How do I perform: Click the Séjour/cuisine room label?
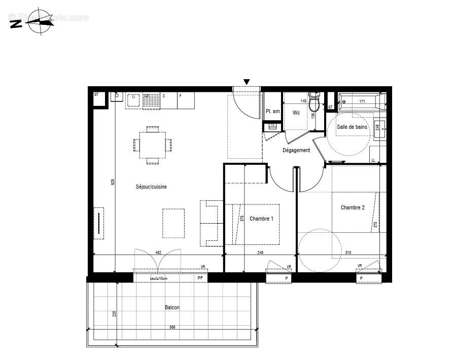coord(151,187)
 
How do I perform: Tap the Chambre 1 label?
coord(262,219)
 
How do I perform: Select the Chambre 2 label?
coord(353,207)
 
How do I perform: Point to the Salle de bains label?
coord(352,127)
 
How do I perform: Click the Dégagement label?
coord(296,150)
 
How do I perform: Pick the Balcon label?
coord(172,307)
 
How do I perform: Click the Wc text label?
coord(296,113)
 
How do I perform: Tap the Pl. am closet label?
coord(273,112)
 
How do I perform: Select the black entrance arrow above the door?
coord(247,82)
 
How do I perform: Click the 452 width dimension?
coord(158,252)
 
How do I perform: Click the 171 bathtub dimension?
coord(362,102)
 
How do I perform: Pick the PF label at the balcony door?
coord(200,278)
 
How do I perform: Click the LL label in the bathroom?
coord(374,160)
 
